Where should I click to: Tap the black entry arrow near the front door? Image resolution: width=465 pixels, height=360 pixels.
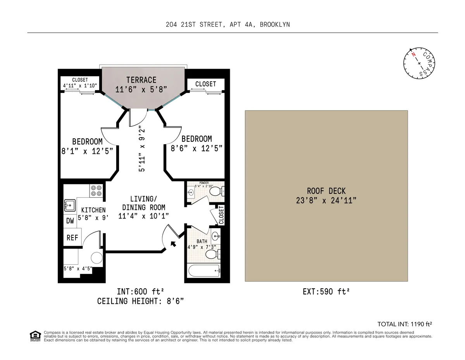pyautogui.click(x=173, y=244)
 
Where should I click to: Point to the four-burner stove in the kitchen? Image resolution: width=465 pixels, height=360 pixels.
pyautogui.click(x=96, y=190)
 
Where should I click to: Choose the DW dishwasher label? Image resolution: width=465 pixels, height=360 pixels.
pyautogui.click(x=70, y=221)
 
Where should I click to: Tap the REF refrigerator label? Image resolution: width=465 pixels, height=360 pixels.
pyautogui.click(x=72, y=238)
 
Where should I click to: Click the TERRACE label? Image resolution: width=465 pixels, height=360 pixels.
pyautogui.click(x=141, y=80)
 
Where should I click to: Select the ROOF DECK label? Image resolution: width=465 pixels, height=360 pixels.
pyautogui.click(x=326, y=191)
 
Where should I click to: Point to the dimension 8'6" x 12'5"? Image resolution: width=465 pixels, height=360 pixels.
pyautogui.click(x=196, y=148)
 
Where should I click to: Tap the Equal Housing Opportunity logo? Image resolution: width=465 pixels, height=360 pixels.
pyautogui.click(x=35, y=336)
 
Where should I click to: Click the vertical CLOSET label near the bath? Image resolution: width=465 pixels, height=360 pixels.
pyautogui.click(x=221, y=215)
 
